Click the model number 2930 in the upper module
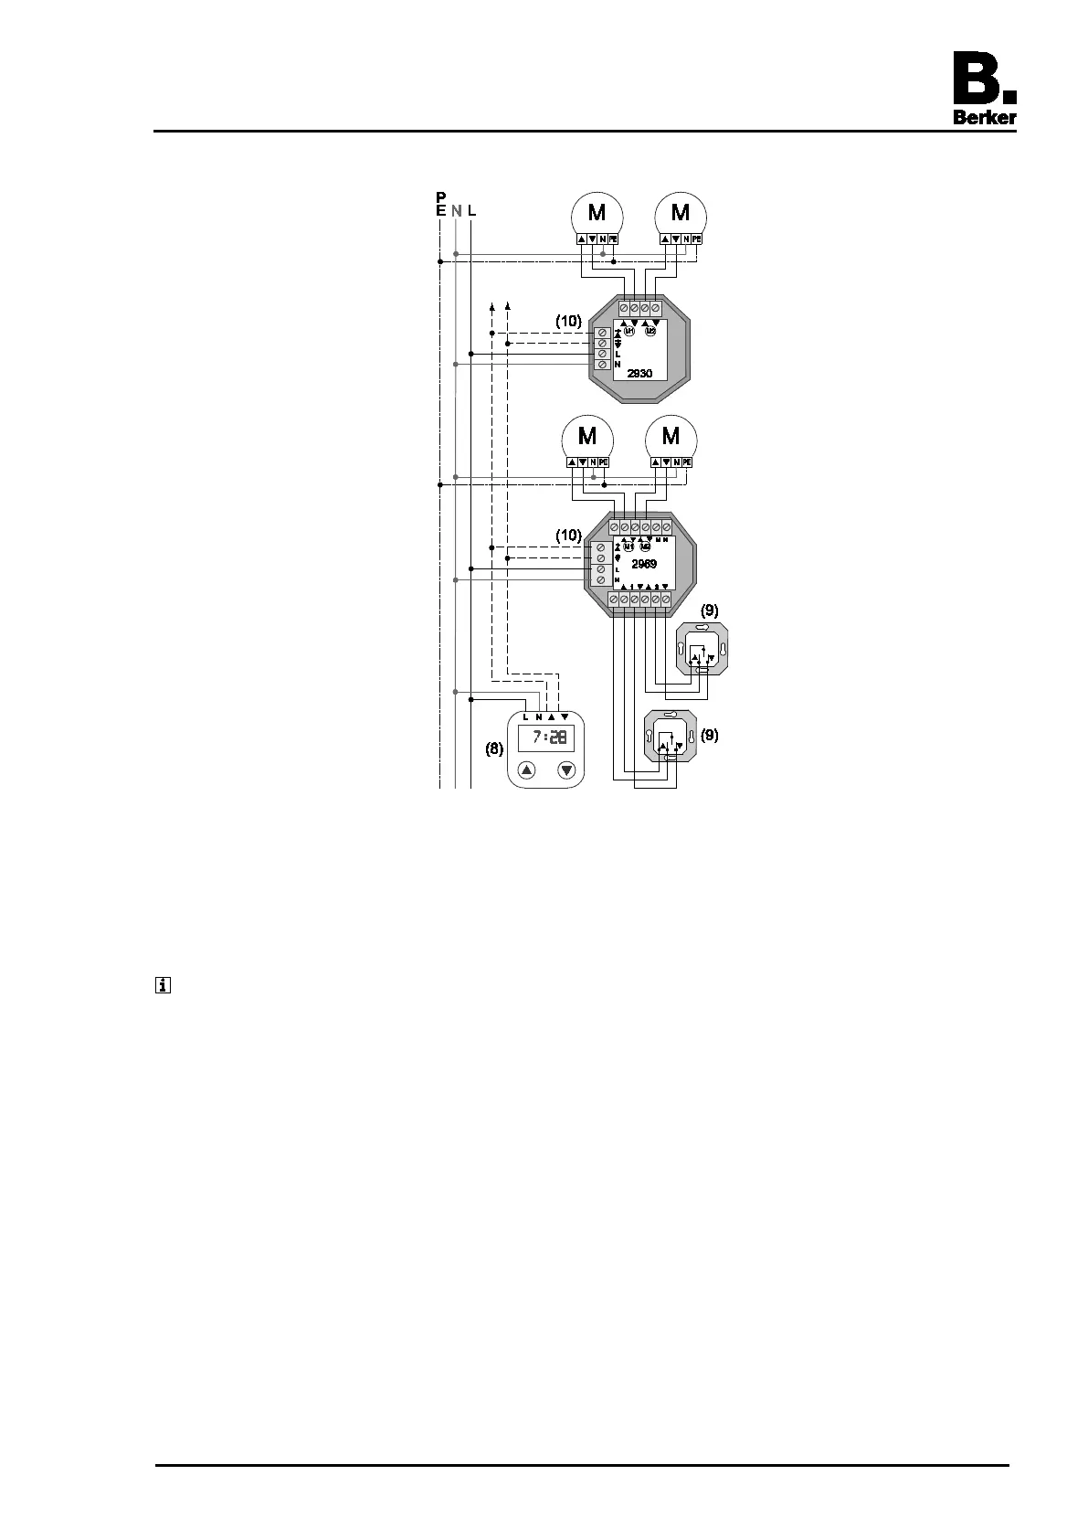(639, 373)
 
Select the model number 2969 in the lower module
(644, 564)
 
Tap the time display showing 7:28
(546, 738)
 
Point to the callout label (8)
(494, 748)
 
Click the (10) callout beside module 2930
(568, 321)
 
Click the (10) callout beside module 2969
(568, 534)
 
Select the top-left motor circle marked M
(597, 213)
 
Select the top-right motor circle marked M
(681, 213)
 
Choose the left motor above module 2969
(586, 436)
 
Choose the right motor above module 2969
(671, 436)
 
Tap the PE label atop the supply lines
(441, 203)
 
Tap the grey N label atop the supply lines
(456, 210)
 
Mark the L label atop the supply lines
(471, 210)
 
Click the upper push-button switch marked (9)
(701, 650)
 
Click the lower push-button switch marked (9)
(671, 737)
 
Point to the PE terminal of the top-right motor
(697, 239)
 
